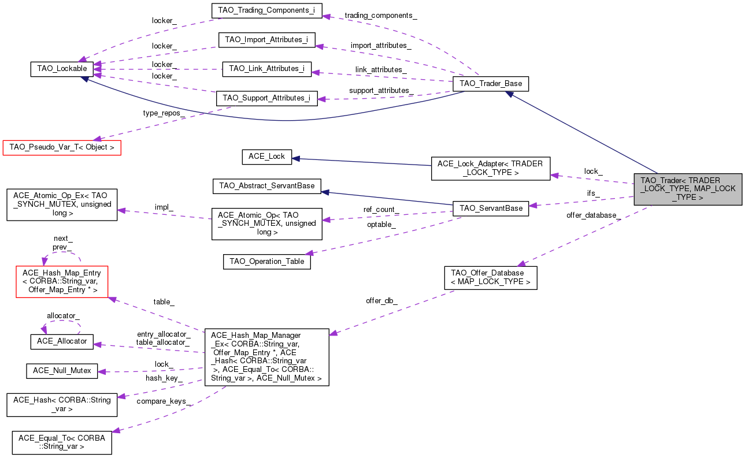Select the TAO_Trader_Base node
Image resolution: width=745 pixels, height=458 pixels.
(x=491, y=84)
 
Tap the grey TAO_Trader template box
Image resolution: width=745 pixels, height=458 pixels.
(x=687, y=189)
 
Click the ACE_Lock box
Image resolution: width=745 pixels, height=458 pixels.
(x=266, y=157)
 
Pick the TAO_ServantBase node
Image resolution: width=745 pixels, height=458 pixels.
(x=491, y=208)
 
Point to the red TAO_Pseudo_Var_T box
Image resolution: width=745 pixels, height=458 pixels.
(x=61, y=147)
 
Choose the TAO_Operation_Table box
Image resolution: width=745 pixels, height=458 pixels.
(x=266, y=261)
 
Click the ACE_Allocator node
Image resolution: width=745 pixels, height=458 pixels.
(x=62, y=341)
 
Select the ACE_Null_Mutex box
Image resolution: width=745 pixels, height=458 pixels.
(x=62, y=371)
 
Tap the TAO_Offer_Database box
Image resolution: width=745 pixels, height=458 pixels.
(x=490, y=278)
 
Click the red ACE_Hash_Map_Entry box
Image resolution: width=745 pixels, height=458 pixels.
(x=62, y=281)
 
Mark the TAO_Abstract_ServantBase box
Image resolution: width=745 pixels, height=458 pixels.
(x=266, y=186)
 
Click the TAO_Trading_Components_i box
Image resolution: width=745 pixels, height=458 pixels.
(x=266, y=10)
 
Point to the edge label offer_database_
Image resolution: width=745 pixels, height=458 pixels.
(x=594, y=215)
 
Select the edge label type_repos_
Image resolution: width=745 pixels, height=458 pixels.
(x=164, y=113)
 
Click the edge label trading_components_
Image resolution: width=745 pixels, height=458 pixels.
(x=380, y=16)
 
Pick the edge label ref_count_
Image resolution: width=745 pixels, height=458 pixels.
(x=381, y=209)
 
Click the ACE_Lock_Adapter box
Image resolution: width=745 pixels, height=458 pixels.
(x=490, y=168)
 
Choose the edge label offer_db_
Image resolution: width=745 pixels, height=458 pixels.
(x=381, y=301)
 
